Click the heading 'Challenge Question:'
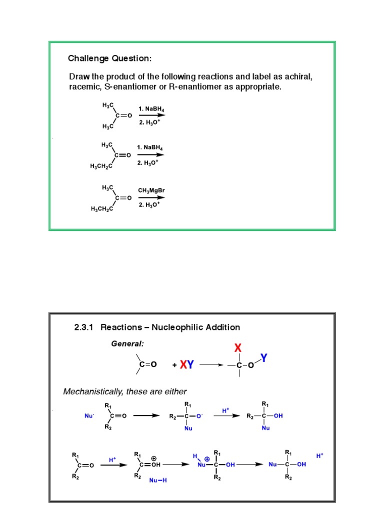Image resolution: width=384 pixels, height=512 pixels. (109, 58)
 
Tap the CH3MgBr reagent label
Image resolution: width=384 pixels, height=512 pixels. (151, 190)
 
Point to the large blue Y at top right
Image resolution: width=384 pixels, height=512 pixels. (263, 358)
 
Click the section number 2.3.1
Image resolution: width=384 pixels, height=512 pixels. (85, 327)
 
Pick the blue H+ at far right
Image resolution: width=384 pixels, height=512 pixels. (320, 456)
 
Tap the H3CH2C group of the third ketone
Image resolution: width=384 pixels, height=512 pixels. (101, 209)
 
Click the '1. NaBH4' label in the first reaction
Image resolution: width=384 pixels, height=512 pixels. (151, 108)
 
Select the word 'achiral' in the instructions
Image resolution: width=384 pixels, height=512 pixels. (298, 77)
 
